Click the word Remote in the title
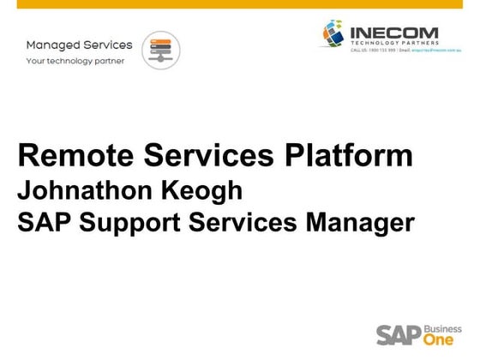(69, 157)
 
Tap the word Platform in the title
(341, 157)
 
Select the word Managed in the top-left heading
(52, 45)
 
